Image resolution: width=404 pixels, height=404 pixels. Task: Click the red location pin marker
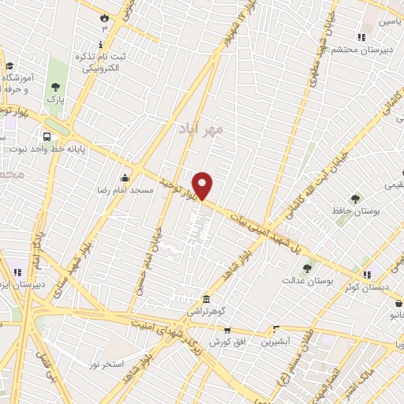coord(204,185)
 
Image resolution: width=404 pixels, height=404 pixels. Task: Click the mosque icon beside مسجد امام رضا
coord(125,178)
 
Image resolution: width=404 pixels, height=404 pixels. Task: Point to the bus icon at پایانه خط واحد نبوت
coord(50,136)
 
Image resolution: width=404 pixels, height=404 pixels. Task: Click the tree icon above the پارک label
coord(55,88)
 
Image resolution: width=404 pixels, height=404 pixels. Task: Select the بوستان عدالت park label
coord(309,281)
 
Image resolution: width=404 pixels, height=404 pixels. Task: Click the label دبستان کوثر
coord(364,287)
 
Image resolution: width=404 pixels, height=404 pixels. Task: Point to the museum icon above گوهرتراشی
coord(206,299)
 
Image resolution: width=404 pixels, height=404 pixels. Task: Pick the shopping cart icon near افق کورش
coord(226,331)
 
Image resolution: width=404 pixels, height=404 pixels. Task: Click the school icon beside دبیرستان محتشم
coord(361,36)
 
